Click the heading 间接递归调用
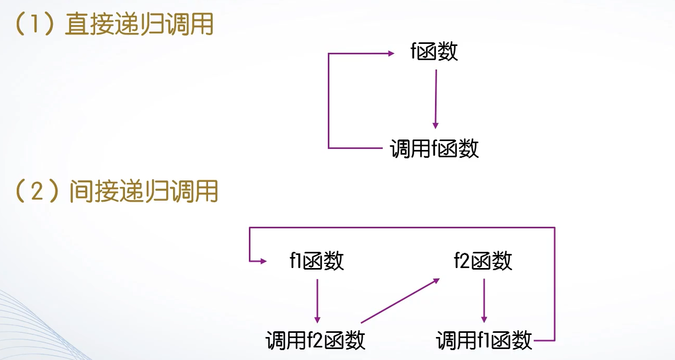point(144,192)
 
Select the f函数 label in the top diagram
point(434,52)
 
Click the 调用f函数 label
point(434,149)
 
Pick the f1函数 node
point(317,261)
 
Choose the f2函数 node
point(483,261)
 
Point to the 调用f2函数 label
point(315,341)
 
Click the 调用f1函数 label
point(484,341)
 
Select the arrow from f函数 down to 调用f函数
point(436,99)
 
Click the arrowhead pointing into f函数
point(391,53)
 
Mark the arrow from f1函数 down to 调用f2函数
point(317,300)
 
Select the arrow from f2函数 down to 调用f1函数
point(484,300)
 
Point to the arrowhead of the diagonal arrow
point(437,280)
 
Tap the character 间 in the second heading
point(80,192)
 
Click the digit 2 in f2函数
point(464,261)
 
